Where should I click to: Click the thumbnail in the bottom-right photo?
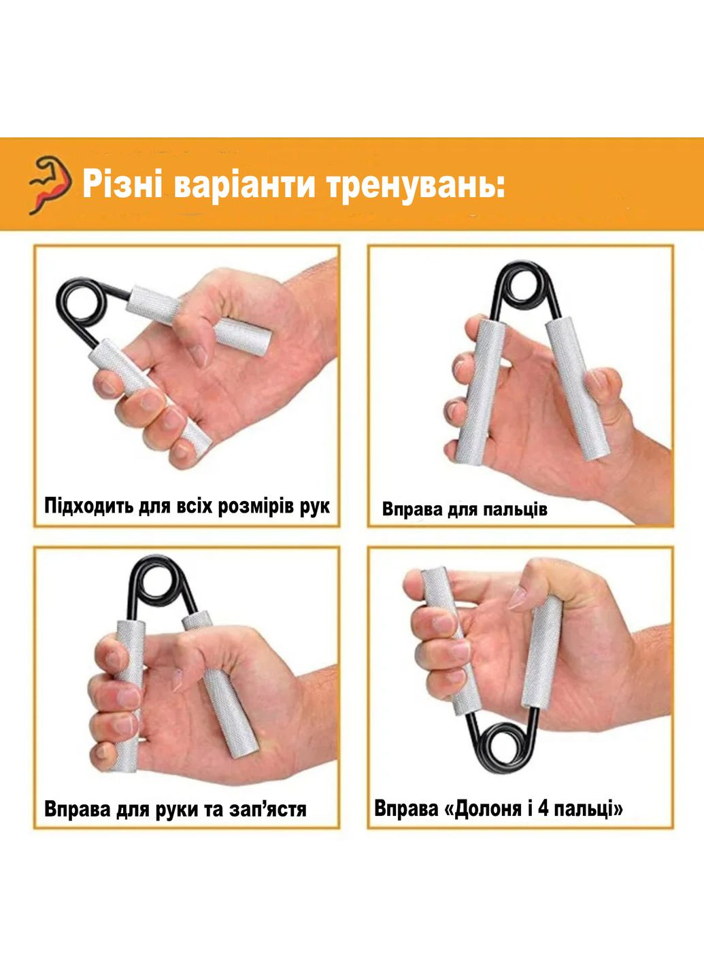pyautogui.click(x=516, y=597)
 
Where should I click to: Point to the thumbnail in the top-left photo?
pyautogui.click(x=199, y=356)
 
